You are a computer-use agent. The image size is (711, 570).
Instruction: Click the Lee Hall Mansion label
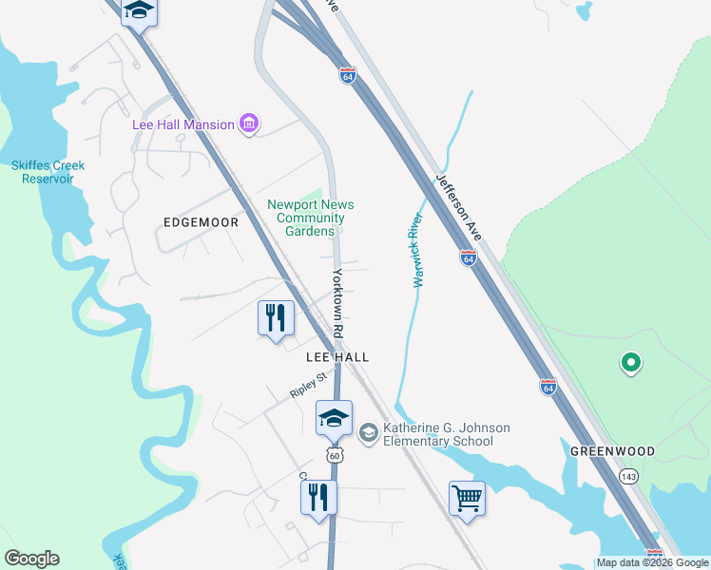tap(183, 124)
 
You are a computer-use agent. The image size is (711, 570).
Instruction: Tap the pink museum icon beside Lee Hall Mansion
tap(250, 123)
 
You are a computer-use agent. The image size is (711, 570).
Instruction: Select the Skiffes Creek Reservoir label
tap(48, 172)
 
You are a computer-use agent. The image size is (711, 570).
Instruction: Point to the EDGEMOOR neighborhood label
tap(201, 221)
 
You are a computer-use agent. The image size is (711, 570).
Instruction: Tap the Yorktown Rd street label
tap(337, 303)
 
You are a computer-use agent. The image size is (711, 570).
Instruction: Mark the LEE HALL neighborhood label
tap(336, 356)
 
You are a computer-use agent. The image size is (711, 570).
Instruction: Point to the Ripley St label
tap(309, 385)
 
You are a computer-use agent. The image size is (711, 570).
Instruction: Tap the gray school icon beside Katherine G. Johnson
tap(368, 434)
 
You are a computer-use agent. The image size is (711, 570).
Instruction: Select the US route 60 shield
tap(334, 456)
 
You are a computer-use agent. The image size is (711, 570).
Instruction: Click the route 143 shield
tap(627, 475)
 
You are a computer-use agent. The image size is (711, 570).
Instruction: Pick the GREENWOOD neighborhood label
tap(612, 451)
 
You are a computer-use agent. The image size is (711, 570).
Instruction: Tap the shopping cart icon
tap(467, 497)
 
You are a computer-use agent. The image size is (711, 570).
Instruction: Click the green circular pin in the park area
tap(629, 362)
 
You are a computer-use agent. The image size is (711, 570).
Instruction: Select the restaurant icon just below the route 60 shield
tap(318, 496)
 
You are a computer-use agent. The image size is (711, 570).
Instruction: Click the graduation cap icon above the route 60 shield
tap(334, 417)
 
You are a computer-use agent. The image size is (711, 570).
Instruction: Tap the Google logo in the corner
tap(31, 559)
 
